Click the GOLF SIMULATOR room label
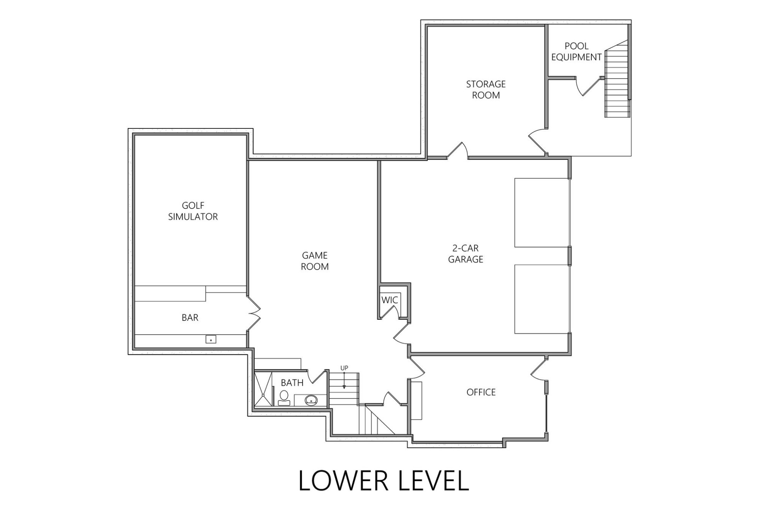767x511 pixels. [x=193, y=211]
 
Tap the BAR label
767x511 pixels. [x=190, y=318]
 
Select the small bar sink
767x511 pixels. [x=211, y=340]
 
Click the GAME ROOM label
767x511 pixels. [x=314, y=261]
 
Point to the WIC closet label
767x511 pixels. [x=390, y=300]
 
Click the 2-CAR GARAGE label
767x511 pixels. [x=466, y=254]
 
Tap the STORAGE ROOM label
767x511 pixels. [x=486, y=89]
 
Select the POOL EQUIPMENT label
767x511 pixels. [x=576, y=51]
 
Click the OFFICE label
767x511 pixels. [x=481, y=392]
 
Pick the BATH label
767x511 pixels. [x=292, y=383]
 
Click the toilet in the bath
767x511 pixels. [x=284, y=398]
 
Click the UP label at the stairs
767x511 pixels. [x=344, y=368]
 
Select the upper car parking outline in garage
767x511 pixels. [x=541, y=212]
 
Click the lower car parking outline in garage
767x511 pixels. [x=541, y=299]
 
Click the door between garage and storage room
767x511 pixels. [x=458, y=151]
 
